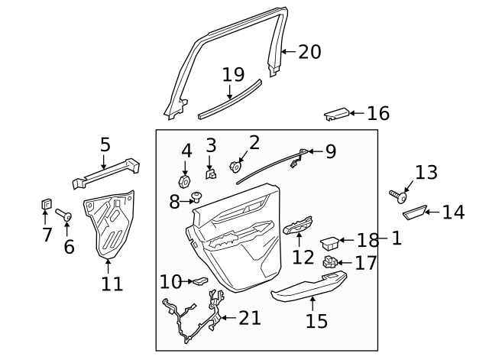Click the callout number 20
[309, 52]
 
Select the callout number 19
[233, 75]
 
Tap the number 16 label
[377, 114]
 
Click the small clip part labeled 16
[336, 114]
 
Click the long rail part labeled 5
[107, 172]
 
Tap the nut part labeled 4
[184, 181]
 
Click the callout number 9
[330, 151]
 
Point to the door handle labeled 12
[299, 226]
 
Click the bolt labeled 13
[398, 196]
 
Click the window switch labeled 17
[331, 263]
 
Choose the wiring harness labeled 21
[191, 319]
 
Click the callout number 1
[397, 238]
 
